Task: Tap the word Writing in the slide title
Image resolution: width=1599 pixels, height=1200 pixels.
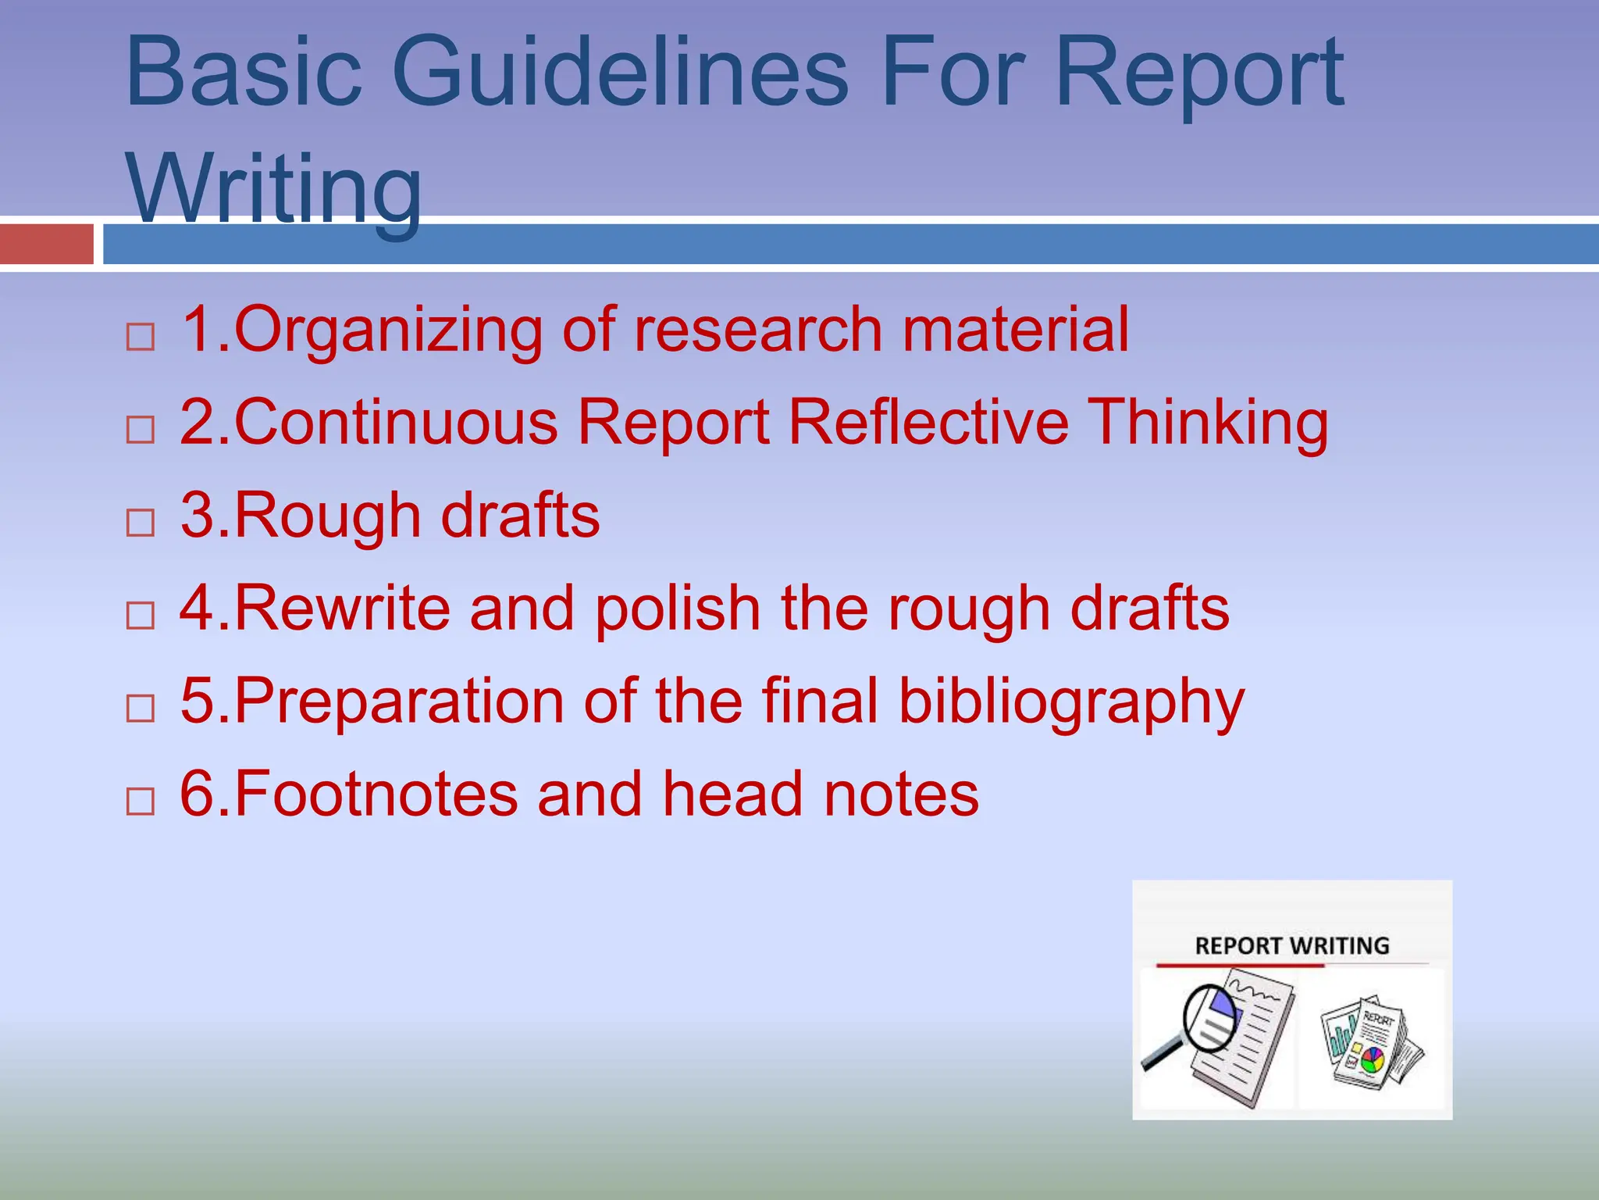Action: (273, 187)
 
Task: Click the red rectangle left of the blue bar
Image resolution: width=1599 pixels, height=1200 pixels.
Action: (47, 244)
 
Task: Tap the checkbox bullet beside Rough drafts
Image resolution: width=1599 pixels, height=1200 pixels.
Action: (141, 522)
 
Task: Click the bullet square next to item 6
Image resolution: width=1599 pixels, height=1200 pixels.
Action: (141, 801)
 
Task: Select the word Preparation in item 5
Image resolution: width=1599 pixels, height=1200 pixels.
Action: (399, 701)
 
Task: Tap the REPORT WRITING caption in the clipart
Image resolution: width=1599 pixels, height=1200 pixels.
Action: (1292, 946)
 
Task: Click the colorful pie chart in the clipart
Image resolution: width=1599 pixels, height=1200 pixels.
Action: (1372, 1059)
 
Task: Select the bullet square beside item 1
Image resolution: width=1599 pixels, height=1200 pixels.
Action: (141, 337)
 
